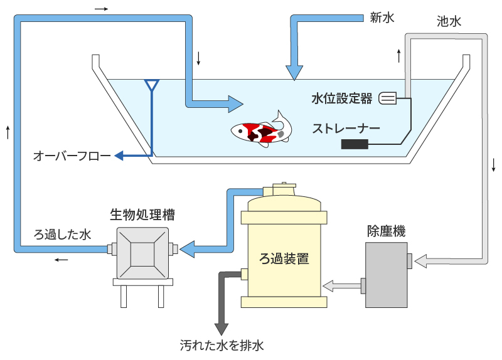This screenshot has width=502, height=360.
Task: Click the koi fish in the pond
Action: (261, 128)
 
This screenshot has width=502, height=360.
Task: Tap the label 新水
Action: (382, 18)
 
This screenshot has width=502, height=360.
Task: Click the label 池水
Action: (449, 21)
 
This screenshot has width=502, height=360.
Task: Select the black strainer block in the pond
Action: (355, 144)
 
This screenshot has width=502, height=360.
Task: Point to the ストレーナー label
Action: (343, 129)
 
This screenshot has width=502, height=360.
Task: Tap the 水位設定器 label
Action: (341, 98)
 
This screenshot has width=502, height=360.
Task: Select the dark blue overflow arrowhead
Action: (119, 156)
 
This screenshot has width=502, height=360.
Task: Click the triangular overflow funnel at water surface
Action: (152, 83)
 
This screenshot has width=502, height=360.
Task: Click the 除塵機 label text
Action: (386, 231)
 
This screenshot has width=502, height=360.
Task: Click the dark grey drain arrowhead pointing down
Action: (222, 329)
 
